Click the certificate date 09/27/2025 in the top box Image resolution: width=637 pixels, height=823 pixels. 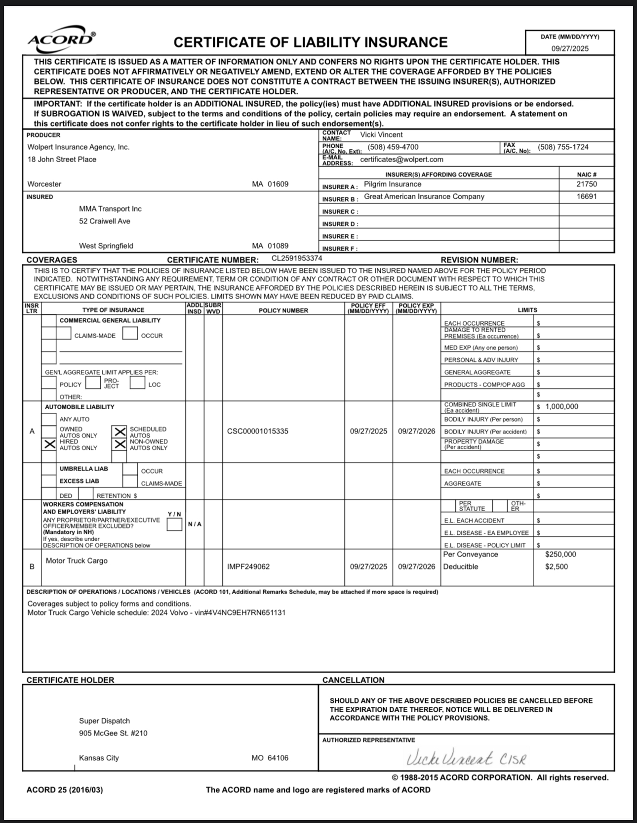click(x=570, y=48)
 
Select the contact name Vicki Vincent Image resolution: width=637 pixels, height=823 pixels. click(x=381, y=134)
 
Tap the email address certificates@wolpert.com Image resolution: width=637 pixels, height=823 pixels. click(x=401, y=159)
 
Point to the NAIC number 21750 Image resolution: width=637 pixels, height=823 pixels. click(x=587, y=184)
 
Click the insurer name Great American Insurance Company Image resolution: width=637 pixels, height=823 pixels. click(x=424, y=196)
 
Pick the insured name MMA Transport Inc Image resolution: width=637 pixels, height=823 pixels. click(x=110, y=209)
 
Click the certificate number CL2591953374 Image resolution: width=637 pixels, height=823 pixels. click(x=297, y=258)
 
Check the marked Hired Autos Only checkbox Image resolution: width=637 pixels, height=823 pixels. click(x=49, y=444)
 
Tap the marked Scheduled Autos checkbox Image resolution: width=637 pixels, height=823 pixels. click(x=120, y=432)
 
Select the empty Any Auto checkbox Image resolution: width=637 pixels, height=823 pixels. click(x=49, y=419)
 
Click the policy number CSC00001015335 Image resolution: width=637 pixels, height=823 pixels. click(x=257, y=431)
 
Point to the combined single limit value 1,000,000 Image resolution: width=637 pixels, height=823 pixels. click(x=561, y=406)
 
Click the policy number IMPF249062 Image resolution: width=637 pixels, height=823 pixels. click(x=248, y=566)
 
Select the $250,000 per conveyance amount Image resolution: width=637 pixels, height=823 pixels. click(x=560, y=554)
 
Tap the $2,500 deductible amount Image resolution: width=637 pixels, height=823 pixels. click(x=557, y=566)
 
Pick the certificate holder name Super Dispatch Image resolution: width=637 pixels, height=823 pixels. click(x=104, y=721)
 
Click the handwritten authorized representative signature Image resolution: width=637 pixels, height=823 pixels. click(x=466, y=758)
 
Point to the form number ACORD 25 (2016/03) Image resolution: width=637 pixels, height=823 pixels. click(x=65, y=790)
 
